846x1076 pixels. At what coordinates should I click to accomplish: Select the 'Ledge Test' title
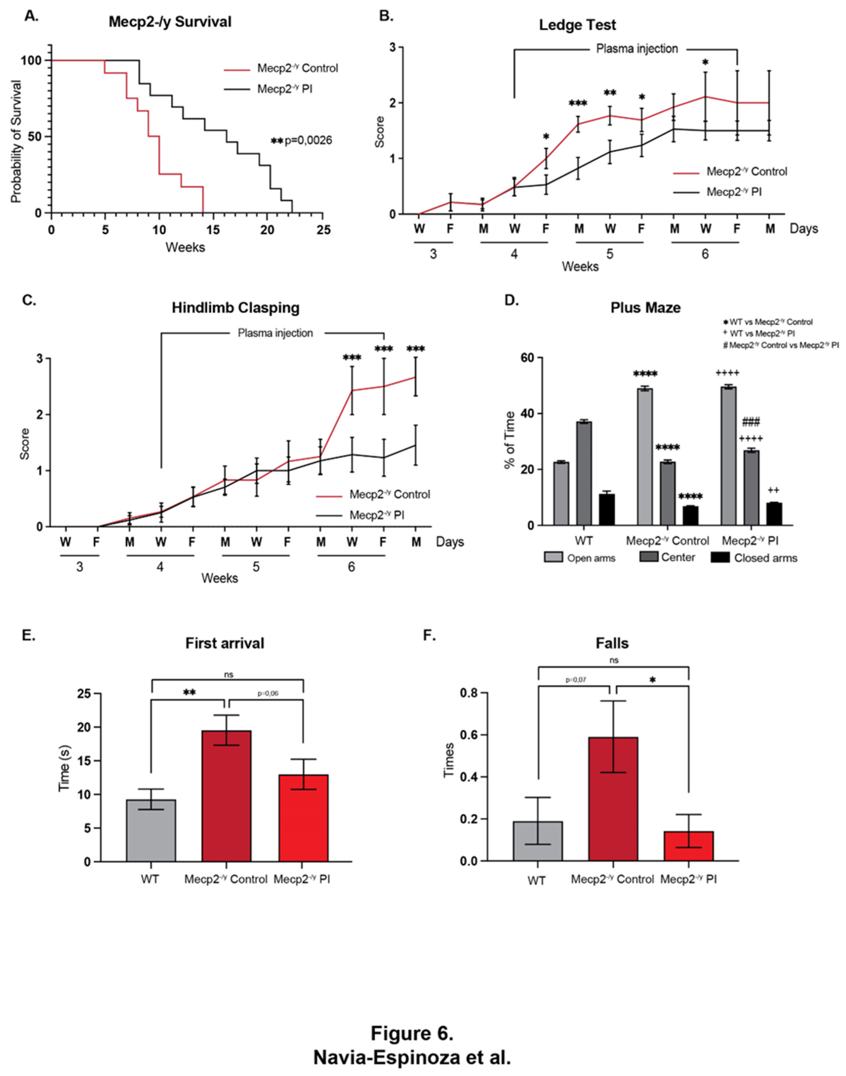pos(578,25)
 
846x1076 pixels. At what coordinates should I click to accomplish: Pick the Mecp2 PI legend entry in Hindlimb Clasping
pos(376,515)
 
